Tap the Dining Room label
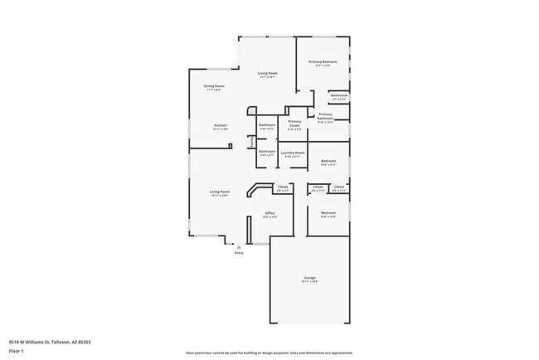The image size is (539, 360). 215,85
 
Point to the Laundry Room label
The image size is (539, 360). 293,153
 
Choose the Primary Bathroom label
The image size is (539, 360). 325,117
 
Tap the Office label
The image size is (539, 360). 269,213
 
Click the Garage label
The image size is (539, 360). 309,278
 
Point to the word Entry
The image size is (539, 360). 239,253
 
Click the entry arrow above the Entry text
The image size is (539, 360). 239,246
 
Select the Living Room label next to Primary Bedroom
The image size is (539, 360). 267,74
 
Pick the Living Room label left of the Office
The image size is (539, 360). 219,192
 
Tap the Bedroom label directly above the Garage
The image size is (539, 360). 328,213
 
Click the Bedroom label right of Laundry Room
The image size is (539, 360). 328,161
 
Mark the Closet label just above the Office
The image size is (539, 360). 282,187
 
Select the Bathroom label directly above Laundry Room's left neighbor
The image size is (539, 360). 267,125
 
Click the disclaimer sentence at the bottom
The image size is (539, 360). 269,353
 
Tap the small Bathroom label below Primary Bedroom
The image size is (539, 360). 338,95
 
